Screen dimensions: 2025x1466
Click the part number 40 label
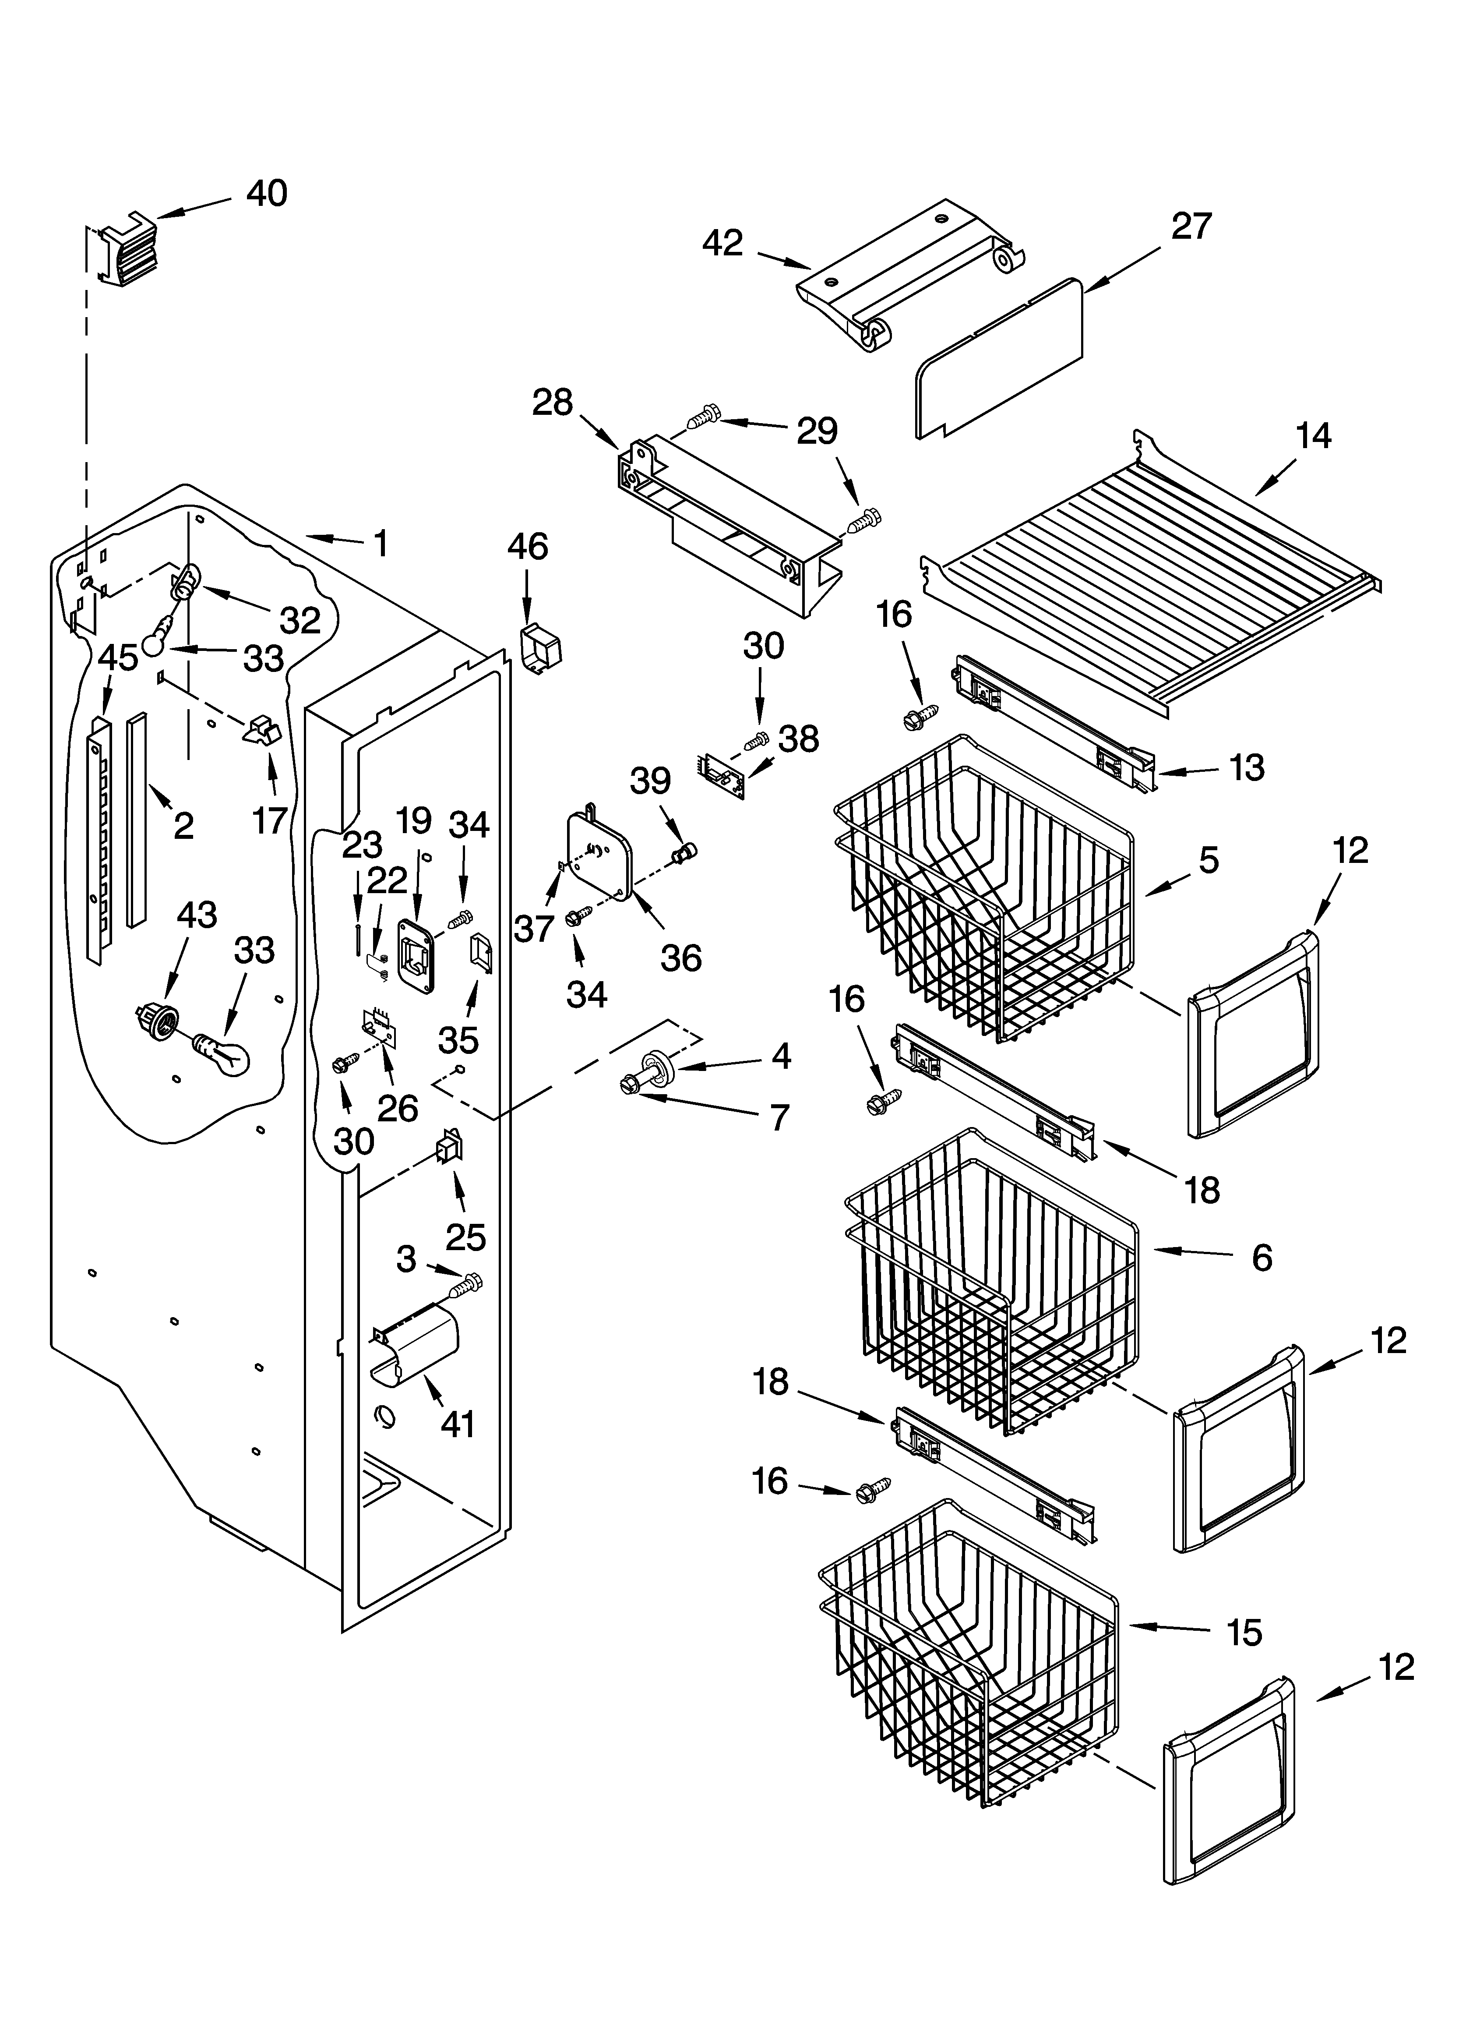coord(266,194)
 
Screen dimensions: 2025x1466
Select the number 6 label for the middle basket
coord(1262,1258)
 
